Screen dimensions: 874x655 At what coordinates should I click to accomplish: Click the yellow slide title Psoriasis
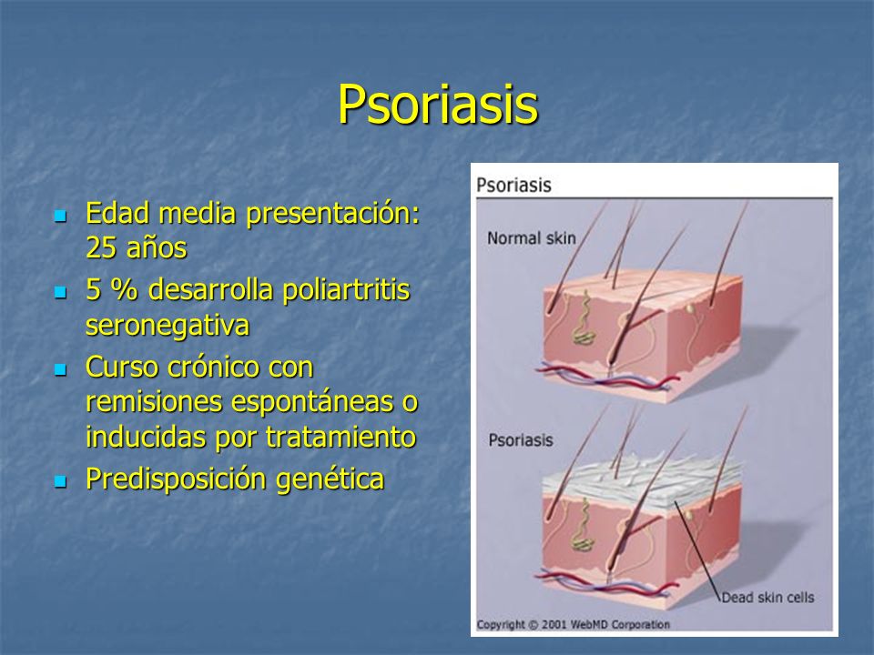438,105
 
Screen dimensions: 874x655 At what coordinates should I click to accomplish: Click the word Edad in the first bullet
117,213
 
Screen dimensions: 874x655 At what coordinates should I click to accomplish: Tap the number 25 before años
101,247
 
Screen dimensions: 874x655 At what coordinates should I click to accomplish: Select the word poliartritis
346,290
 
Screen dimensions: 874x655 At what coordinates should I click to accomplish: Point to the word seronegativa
168,326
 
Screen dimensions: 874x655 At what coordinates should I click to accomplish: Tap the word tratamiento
340,437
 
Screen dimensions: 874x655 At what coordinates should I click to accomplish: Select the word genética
330,479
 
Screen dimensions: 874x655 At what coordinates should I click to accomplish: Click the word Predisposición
177,479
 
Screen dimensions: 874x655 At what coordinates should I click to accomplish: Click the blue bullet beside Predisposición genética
61,480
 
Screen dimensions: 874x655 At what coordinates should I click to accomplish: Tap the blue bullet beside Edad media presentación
61,216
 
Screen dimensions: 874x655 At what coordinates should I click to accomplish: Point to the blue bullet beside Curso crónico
61,369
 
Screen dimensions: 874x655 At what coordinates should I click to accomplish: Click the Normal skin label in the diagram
531,238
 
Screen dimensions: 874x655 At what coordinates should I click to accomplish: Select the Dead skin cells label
767,598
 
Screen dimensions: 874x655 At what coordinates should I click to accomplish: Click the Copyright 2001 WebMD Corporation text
573,624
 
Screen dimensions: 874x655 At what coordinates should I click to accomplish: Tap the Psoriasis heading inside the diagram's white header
513,185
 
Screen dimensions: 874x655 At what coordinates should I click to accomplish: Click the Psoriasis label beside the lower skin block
521,440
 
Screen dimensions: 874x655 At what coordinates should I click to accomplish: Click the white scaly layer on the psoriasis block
641,480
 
